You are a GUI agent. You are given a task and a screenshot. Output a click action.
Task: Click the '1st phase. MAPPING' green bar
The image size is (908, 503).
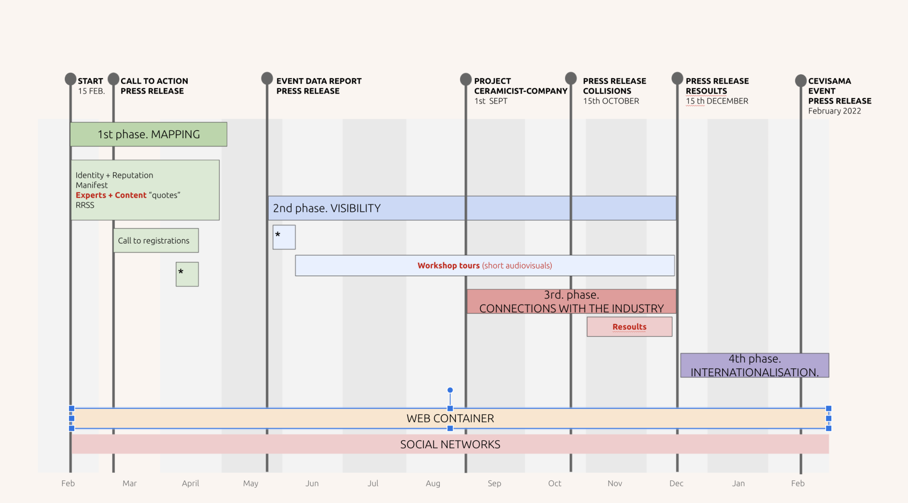pos(148,134)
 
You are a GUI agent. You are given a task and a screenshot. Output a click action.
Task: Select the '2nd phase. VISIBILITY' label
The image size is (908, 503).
pos(327,208)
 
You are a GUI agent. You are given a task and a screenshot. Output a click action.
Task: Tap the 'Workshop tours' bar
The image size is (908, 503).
pos(484,266)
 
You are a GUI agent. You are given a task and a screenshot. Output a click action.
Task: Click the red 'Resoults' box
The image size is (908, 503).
pos(629,327)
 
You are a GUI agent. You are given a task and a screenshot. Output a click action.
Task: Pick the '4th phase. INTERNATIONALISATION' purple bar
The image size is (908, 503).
pos(754,365)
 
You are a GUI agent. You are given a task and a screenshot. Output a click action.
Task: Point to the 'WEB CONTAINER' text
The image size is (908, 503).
pos(450,418)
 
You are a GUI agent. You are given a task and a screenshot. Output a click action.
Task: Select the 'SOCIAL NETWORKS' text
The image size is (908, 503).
pos(450,444)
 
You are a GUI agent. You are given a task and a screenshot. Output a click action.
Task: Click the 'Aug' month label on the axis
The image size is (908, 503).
pos(433,483)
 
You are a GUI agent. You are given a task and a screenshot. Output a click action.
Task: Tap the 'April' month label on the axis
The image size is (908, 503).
pos(191,483)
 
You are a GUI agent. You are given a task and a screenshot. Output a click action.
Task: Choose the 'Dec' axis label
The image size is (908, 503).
pos(676,483)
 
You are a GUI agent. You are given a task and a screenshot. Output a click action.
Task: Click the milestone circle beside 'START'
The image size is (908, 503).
pos(70,78)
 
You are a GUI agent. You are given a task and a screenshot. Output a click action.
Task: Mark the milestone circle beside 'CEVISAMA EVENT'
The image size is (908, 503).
pos(801,80)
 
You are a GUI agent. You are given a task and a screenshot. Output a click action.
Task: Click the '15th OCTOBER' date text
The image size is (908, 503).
pos(611,101)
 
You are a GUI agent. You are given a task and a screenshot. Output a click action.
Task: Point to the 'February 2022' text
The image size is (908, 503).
pos(834,111)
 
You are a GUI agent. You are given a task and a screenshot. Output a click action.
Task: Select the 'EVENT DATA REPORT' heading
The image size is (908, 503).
pos(319,81)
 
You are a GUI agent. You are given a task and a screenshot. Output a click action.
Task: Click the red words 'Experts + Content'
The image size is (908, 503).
pos(111,195)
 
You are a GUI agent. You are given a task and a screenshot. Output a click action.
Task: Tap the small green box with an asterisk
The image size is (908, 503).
pos(187,274)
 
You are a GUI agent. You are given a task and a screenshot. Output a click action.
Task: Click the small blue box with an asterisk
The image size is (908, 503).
pos(284,237)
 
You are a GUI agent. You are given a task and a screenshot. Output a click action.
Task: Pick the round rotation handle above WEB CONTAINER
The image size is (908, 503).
pos(450,390)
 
